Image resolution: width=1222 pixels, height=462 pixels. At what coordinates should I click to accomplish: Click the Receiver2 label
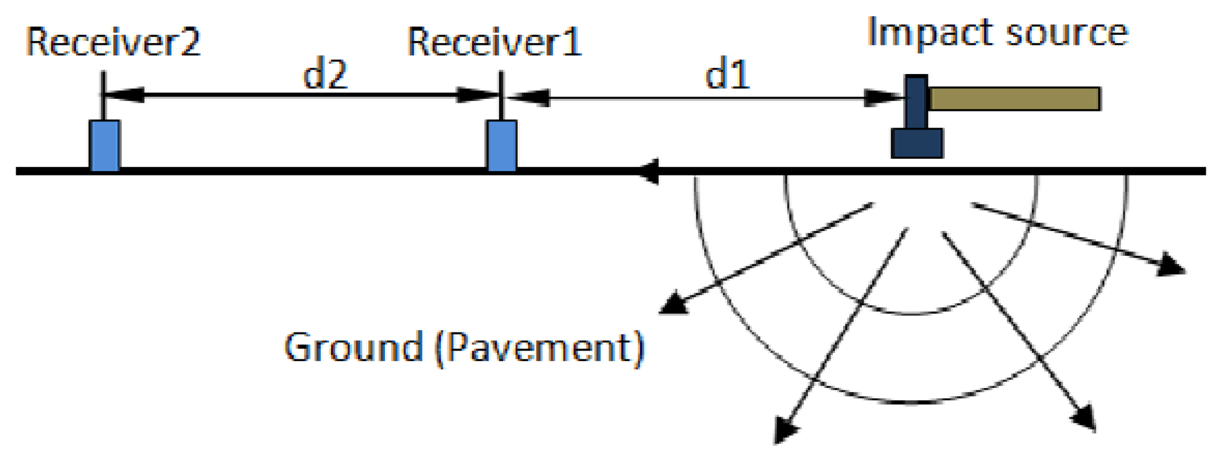pyautogui.click(x=113, y=42)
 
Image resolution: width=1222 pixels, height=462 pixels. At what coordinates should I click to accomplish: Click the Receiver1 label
pyautogui.click(x=494, y=42)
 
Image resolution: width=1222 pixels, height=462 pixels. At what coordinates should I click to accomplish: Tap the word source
pyautogui.click(x=1067, y=33)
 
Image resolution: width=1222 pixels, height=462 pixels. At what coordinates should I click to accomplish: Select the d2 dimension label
pyautogui.click(x=325, y=75)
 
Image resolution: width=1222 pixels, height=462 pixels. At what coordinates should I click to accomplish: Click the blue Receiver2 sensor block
pyautogui.click(x=105, y=146)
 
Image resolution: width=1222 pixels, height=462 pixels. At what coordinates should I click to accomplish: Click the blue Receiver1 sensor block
pyautogui.click(x=502, y=146)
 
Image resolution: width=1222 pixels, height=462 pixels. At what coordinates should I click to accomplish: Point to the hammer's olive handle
pyautogui.click(x=1014, y=99)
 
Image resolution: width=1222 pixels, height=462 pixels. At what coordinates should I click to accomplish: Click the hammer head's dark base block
pyautogui.click(x=917, y=143)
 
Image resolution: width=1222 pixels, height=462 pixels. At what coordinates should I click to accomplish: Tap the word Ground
pyautogui.click(x=353, y=347)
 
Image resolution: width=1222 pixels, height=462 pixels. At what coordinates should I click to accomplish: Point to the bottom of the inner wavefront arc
pyautogui.click(x=911, y=313)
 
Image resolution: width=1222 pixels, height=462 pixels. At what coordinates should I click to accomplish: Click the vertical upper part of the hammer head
pyautogui.click(x=916, y=101)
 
